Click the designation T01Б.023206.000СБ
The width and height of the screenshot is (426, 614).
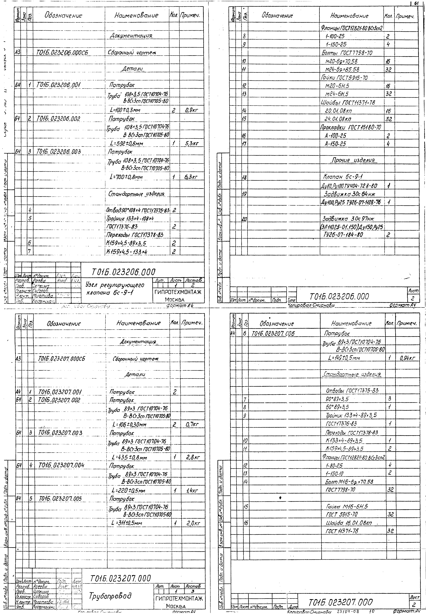pyautogui.click(x=62, y=53)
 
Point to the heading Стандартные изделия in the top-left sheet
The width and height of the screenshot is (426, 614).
pyautogui.click(x=136, y=194)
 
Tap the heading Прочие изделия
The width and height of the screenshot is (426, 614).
pyautogui.click(x=353, y=160)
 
